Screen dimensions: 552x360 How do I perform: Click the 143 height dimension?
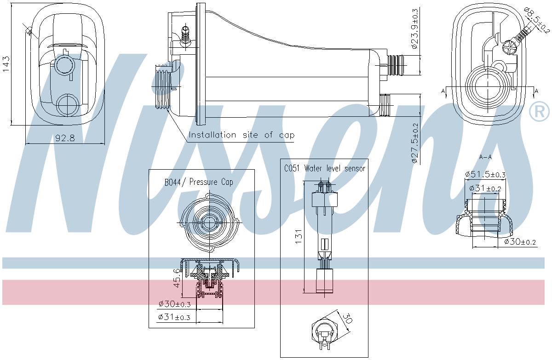click(x=6, y=64)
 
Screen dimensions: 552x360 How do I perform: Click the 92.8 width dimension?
click(x=65, y=138)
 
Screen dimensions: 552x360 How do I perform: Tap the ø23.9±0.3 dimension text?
click(x=415, y=29)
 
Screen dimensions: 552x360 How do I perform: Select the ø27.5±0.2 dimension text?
click(x=415, y=143)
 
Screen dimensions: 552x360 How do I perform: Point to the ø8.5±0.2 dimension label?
click(x=537, y=20)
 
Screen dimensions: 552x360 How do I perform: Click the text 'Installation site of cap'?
click(x=241, y=135)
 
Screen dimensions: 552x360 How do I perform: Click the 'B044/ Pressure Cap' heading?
click(x=199, y=182)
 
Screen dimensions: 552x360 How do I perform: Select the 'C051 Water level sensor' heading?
click(x=324, y=168)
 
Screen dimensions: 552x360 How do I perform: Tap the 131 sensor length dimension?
click(x=299, y=236)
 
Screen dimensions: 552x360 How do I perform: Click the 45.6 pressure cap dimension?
click(x=177, y=278)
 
